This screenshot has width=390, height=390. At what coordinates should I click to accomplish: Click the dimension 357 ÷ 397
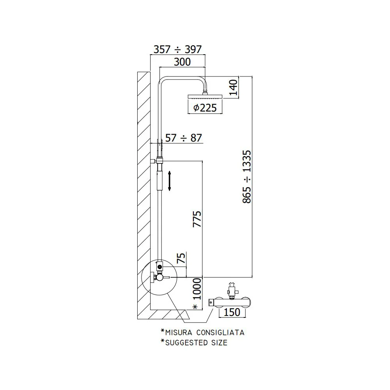177,50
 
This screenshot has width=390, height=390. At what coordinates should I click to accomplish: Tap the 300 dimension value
182,62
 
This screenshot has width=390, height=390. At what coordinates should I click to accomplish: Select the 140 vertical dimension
234,87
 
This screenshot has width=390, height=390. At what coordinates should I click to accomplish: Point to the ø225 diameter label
205,108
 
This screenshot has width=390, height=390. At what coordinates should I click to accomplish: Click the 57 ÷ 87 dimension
184,138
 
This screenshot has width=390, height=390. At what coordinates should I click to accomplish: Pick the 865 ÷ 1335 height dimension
247,177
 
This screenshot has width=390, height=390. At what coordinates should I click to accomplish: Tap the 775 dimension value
197,219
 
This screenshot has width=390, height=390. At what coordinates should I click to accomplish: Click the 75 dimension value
181,258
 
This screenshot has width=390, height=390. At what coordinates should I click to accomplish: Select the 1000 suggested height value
197,289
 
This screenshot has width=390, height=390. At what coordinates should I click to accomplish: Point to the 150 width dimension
232,312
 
